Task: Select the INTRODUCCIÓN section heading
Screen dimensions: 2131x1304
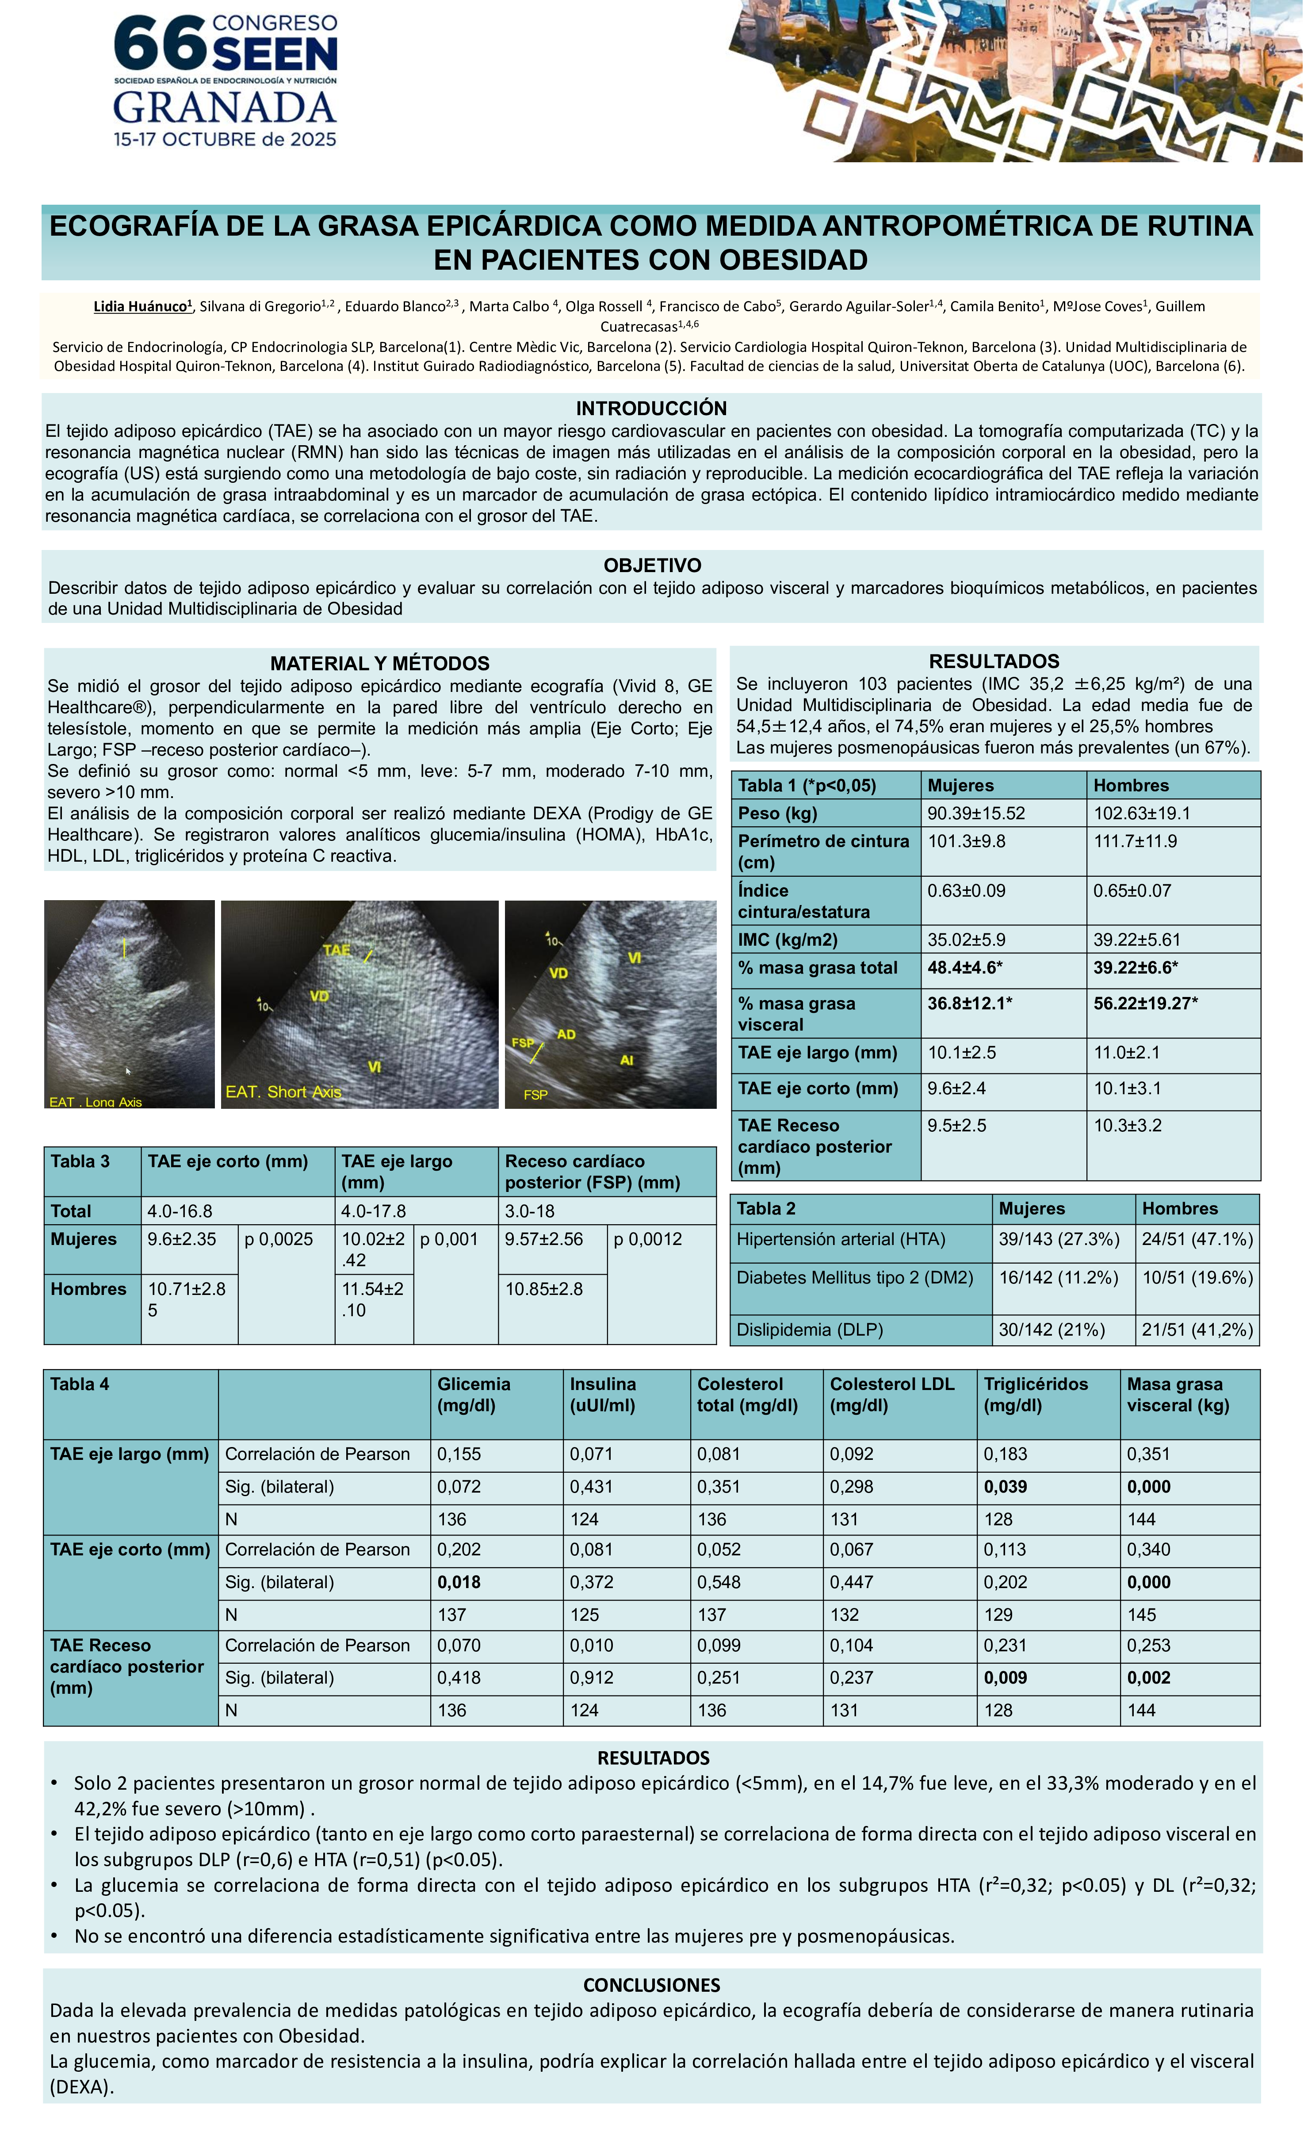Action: click(x=651, y=408)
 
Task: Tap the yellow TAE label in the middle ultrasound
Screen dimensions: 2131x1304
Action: click(x=337, y=950)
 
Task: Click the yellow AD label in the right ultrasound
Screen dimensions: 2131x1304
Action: click(x=566, y=1035)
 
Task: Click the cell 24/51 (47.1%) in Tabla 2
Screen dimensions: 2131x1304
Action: click(x=1197, y=1239)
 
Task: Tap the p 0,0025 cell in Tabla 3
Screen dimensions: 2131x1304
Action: click(x=279, y=1239)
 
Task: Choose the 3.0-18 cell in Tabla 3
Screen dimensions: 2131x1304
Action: click(x=530, y=1211)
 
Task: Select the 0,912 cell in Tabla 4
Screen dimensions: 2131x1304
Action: click(x=592, y=1678)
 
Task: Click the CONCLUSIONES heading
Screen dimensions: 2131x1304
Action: click(x=651, y=1985)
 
